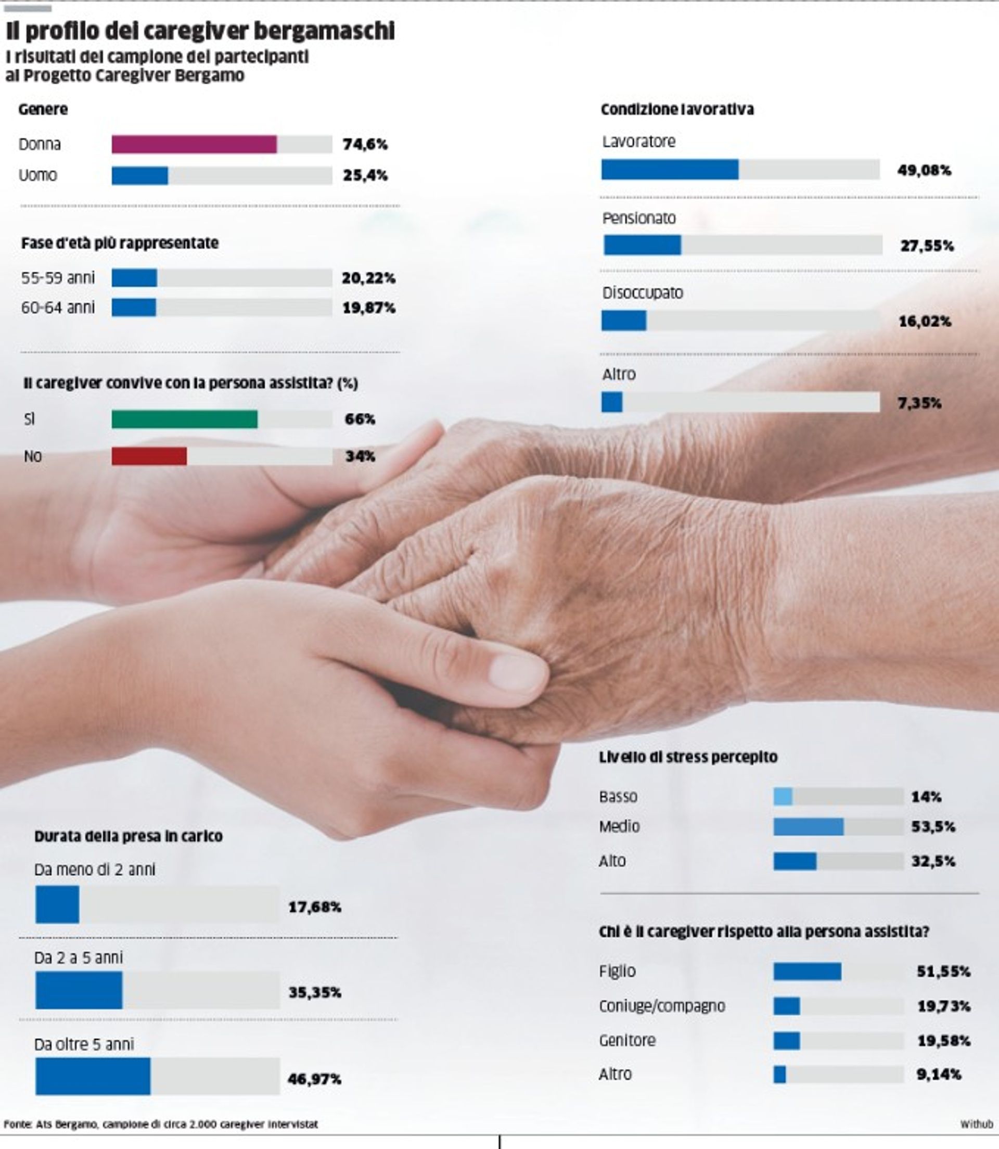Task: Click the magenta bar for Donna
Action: point(194,144)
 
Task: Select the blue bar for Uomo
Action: point(139,175)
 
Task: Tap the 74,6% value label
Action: point(365,144)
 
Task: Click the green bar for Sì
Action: point(185,419)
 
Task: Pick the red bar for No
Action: point(149,456)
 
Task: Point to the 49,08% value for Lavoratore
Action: point(924,170)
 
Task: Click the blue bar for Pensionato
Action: point(642,245)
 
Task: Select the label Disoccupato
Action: point(642,292)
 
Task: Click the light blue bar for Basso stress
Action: point(783,797)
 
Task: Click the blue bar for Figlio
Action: point(807,971)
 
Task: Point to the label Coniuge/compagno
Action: point(662,1006)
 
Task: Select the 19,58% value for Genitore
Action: point(944,1040)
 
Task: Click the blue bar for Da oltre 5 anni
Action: point(93,1076)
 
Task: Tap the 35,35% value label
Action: point(315,992)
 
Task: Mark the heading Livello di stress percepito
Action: point(688,757)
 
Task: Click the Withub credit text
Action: point(976,1124)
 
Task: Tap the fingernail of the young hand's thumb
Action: point(516,673)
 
